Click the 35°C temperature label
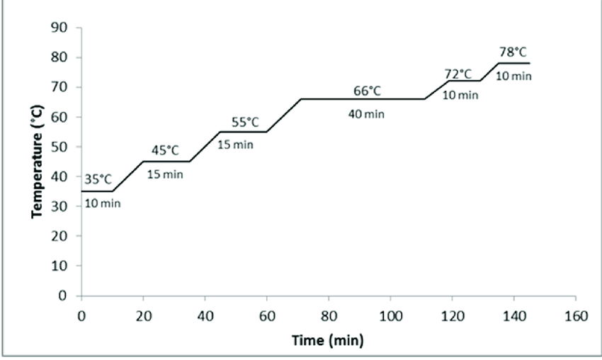pos(98,180)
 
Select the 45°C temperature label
pos(165,150)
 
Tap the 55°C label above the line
pos(246,122)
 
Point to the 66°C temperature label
pos(367,91)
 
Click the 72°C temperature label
pos(458,73)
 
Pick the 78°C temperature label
pos(513,52)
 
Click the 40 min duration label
pos(366,113)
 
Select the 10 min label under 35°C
pos(103,203)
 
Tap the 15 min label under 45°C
pos(165,174)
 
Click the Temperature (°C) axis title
pos(38,161)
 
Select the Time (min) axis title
pos(328,341)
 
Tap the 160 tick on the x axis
pos(576,315)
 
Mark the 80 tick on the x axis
pos(329,315)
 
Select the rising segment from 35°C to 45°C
pos(128,176)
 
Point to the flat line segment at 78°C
pos(513,63)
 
